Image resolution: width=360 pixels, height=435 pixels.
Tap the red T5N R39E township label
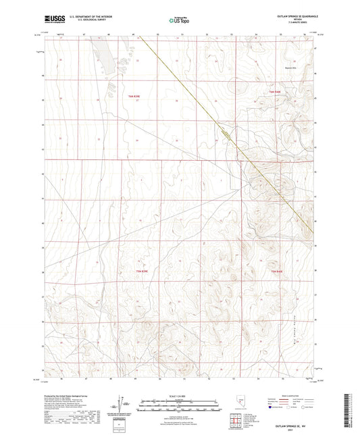point(134,271)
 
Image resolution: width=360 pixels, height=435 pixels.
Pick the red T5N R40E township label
point(278,271)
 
